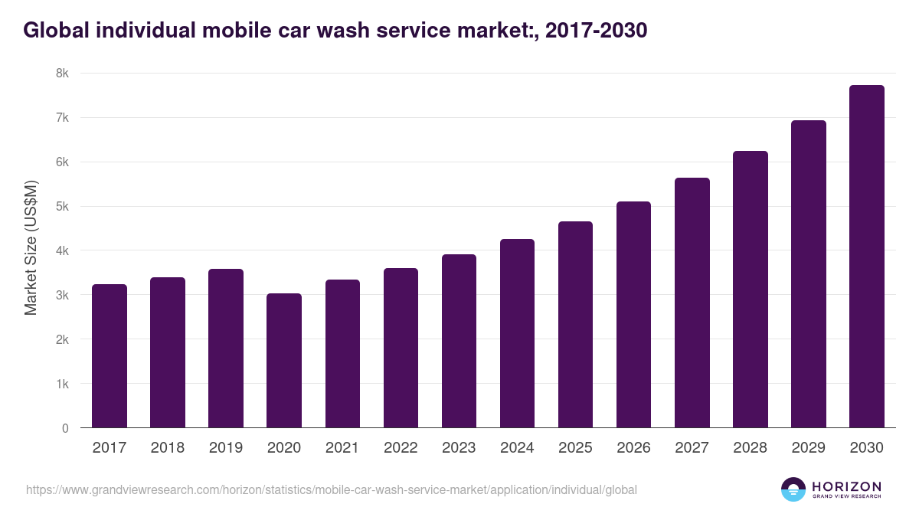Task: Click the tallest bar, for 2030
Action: point(866,257)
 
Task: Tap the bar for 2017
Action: point(110,356)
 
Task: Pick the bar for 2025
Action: point(575,325)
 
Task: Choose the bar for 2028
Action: point(750,290)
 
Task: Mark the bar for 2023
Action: point(459,341)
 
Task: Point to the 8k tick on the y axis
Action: point(61,74)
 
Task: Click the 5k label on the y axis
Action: point(61,207)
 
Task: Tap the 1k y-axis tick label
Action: point(61,384)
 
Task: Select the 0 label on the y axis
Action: point(65,428)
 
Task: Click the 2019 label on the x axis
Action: point(226,448)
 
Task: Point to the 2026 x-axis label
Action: point(633,448)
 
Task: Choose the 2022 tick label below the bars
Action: point(401,448)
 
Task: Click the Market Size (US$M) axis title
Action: point(31,247)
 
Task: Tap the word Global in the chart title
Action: point(52,30)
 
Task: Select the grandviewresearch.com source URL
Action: point(331,489)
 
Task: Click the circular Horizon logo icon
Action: point(793,489)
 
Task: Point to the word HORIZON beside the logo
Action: point(846,486)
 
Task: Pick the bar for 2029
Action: point(808,274)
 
